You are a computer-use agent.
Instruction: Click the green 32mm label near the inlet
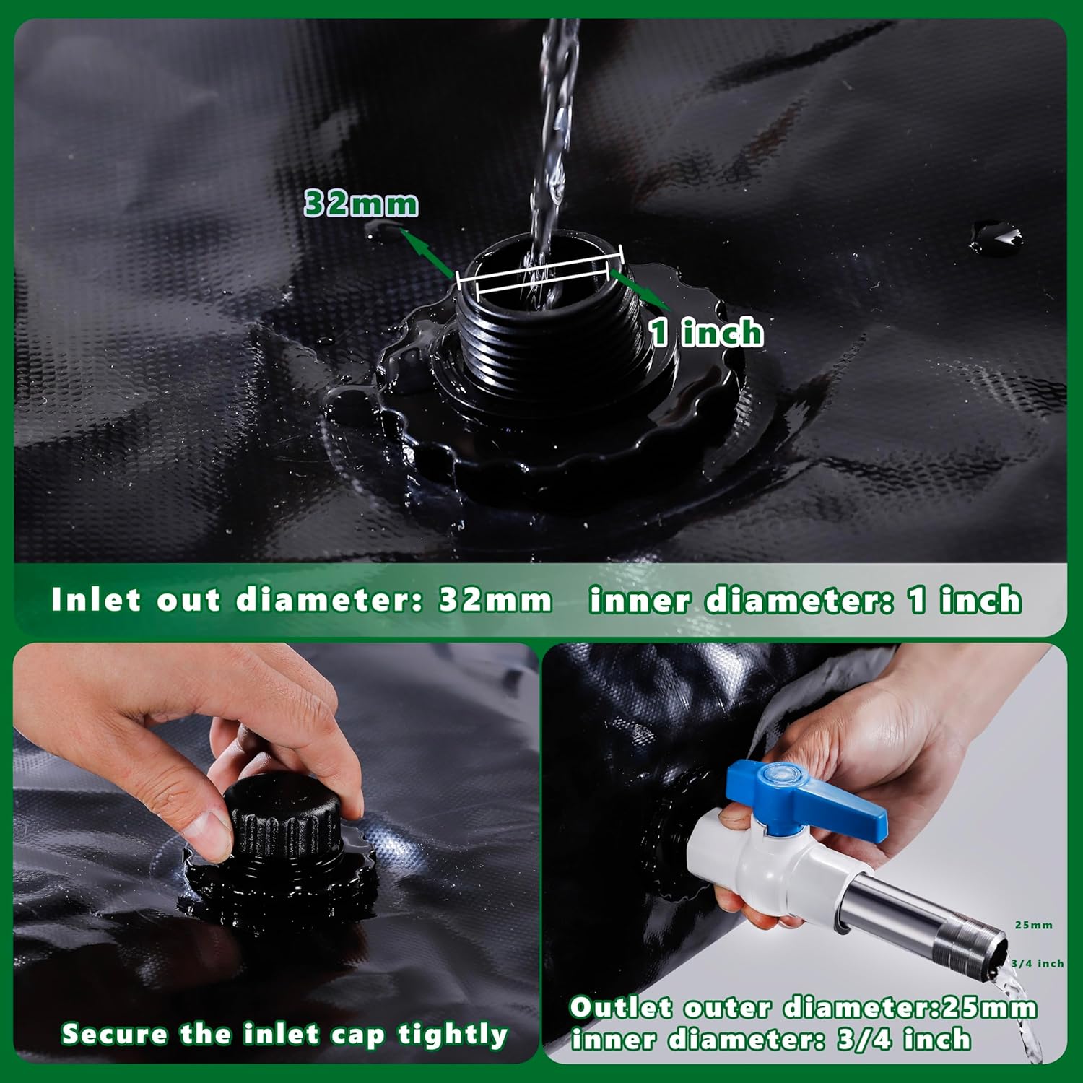point(361,204)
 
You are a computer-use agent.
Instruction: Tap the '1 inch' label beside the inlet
point(706,333)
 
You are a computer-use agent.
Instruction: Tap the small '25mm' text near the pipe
point(1033,925)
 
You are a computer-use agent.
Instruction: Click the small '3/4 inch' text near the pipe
point(1037,963)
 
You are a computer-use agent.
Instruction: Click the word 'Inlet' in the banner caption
point(95,600)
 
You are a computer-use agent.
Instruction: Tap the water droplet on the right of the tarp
point(995,235)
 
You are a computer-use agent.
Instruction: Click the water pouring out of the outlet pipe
point(1025,1011)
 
